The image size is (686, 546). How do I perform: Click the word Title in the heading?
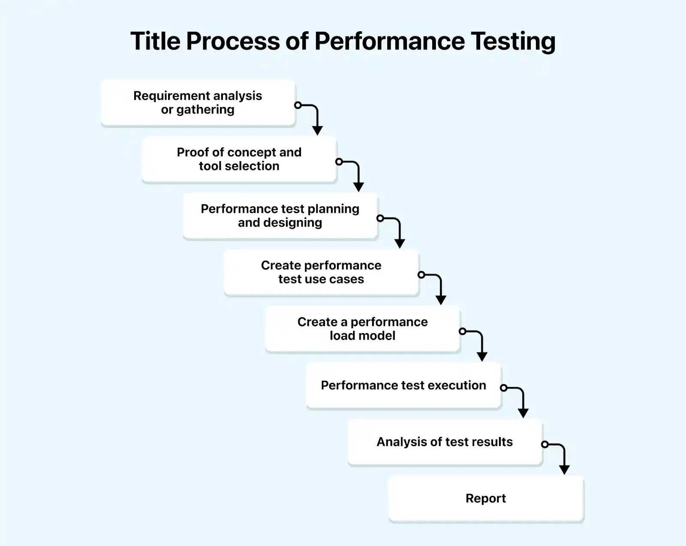[155, 41]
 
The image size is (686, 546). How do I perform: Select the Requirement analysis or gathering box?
[198, 103]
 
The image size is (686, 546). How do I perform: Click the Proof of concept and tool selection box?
[239, 159]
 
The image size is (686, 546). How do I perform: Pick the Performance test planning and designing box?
[280, 216]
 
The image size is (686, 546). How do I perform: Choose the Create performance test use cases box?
[321, 272]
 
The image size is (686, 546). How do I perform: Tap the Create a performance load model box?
[362, 329]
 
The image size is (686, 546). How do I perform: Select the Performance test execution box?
[403, 385]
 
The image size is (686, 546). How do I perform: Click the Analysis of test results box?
[445, 442]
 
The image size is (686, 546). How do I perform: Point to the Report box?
[486, 498]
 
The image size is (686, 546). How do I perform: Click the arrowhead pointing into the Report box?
[564, 470]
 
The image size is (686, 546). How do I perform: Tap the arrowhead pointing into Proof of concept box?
[317, 131]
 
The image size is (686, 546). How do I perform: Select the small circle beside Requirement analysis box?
[298, 105]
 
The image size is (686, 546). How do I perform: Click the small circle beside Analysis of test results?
[545, 445]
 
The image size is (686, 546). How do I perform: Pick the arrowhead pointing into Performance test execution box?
[482, 357]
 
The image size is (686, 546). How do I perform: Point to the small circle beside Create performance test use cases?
[421, 275]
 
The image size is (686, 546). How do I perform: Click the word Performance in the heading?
[389, 41]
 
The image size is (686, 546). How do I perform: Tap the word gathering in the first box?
[205, 110]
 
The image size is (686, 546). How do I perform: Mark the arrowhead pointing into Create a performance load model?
[441, 300]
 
